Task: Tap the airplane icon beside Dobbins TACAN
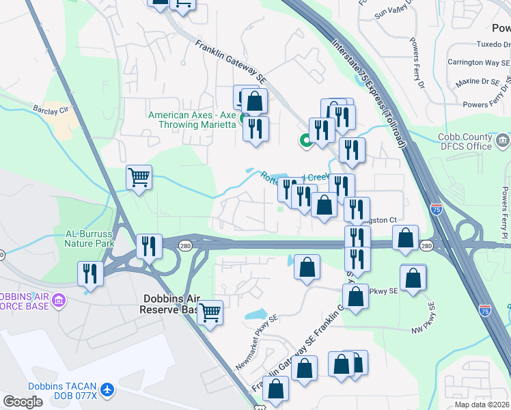[x=107, y=389]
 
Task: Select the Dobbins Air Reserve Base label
[x=171, y=304]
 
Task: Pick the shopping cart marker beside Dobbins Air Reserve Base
[x=210, y=313]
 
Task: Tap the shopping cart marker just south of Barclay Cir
[x=139, y=178]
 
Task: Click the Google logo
[x=23, y=402]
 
